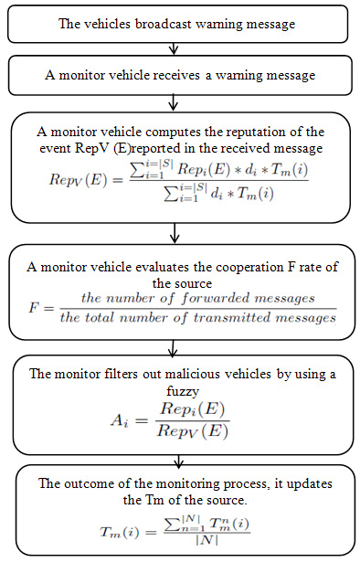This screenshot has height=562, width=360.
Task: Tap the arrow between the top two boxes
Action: pos(182,49)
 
